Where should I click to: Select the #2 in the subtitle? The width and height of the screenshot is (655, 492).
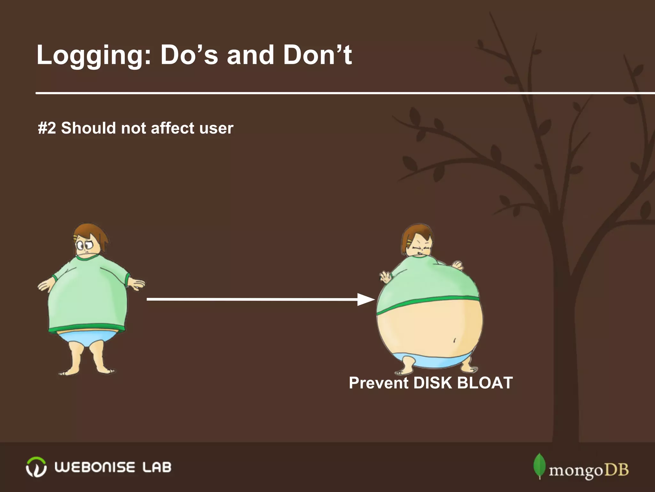[47, 128]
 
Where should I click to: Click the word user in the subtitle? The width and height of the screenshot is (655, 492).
[216, 128]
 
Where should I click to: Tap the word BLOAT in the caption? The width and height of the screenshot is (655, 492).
[485, 383]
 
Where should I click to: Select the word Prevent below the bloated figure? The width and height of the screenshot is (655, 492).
[379, 383]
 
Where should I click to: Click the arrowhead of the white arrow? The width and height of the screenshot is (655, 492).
[366, 299]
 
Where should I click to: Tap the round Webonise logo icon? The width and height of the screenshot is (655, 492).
[36, 467]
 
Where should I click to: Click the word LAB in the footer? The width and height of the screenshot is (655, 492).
[157, 467]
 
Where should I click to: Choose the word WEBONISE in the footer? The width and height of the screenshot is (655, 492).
[95, 467]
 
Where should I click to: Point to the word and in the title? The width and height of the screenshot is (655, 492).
[250, 55]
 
